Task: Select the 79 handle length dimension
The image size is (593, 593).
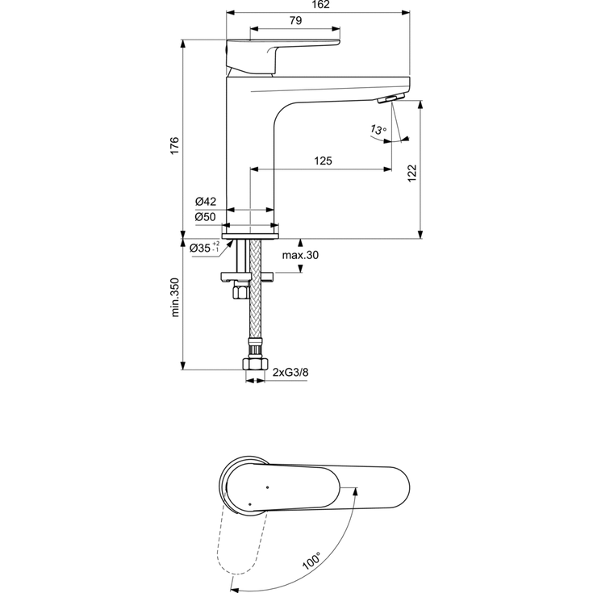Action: click(x=296, y=22)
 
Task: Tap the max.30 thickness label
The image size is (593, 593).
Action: click(x=300, y=256)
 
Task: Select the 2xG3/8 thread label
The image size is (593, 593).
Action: click(x=291, y=373)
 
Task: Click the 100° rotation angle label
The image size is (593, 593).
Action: click(x=311, y=559)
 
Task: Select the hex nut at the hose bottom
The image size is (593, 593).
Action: click(x=255, y=364)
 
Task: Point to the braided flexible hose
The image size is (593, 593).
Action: click(x=255, y=315)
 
